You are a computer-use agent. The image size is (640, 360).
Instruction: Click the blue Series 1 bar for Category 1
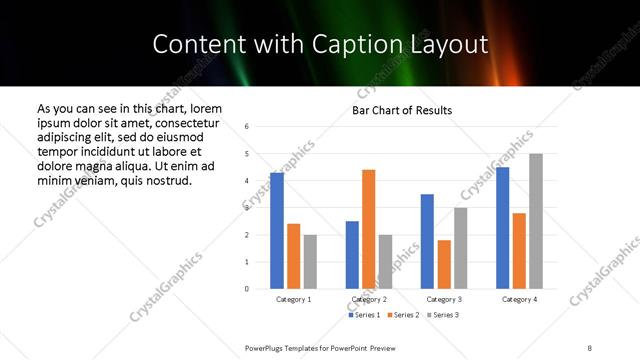pos(277,231)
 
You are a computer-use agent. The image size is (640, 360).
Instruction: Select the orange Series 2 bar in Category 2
pos(369,229)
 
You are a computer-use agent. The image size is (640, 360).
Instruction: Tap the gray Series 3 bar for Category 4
pos(536,221)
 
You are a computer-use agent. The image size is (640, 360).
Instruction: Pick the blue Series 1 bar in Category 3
pos(427,241)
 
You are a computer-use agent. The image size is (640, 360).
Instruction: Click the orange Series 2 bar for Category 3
pos(444,264)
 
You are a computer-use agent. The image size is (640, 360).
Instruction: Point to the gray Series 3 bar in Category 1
pos(310,262)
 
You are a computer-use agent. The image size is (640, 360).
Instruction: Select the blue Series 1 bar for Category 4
pos(502,228)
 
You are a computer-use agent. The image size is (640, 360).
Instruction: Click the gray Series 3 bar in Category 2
pos(386,262)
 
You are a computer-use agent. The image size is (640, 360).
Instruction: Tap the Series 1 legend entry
pos(364,315)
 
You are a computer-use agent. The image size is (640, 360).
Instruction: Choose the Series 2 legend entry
pos(403,315)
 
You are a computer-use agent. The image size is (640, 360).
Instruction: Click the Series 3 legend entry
pos(442,315)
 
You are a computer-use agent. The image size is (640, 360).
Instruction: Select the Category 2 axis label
pos(369,299)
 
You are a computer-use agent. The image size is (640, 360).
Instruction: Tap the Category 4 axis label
pos(519,299)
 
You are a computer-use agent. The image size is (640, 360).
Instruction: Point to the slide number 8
pos(590,346)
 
